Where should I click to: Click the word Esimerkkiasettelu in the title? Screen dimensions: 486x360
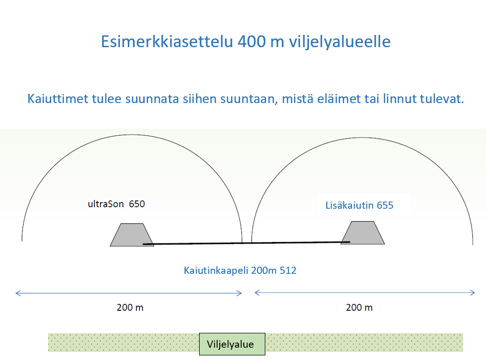click(x=167, y=42)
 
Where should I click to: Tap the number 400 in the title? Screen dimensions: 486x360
click(x=251, y=42)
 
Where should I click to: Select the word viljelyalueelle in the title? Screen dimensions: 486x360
click(x=340, y=42)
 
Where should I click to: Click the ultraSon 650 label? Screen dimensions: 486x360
click(x=116, y=204)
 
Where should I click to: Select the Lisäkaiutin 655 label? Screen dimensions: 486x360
click(x=359, y=205)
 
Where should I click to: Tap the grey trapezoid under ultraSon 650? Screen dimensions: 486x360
click(x=132, y=235)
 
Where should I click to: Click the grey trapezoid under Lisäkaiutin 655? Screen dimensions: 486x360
click(x=363, y=233)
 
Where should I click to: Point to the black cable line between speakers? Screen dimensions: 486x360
click(x=246, y=243)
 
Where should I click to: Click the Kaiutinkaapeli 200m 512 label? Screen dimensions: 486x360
click(x=240, y=270)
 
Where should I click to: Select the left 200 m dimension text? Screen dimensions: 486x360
click(x=130, y=307)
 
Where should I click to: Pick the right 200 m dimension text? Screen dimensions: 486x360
click(x=359, y=307)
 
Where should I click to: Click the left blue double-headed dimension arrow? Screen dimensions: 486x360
click(x=129, y=293)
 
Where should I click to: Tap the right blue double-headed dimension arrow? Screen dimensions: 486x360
click(x=364, y=293)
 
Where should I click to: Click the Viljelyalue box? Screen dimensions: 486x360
click(x=232, y=344)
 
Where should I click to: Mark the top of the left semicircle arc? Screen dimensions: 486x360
click(x=132, y=134)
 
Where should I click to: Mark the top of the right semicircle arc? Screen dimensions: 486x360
click(x=362, y=137)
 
